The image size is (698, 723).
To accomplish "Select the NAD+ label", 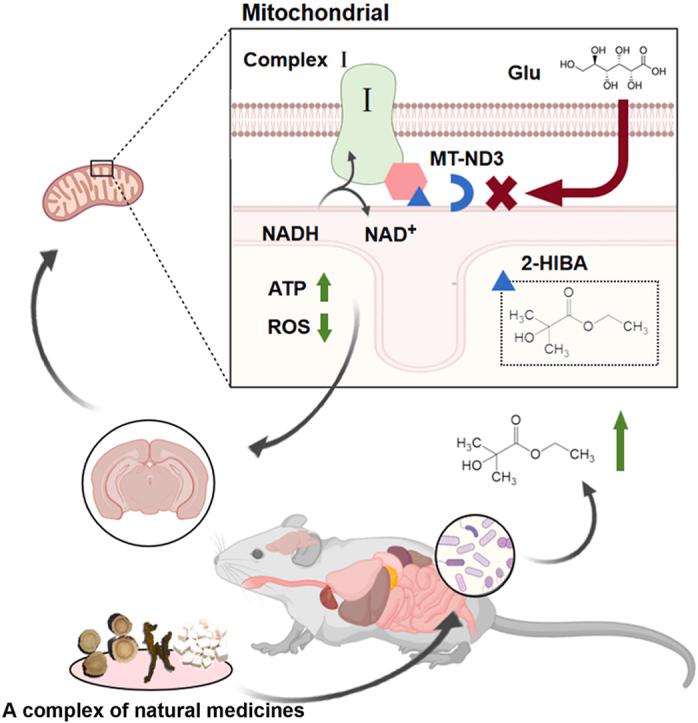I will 392,239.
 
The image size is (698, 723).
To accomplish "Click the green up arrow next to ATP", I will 324,289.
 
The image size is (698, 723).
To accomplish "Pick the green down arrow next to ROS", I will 324,327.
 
